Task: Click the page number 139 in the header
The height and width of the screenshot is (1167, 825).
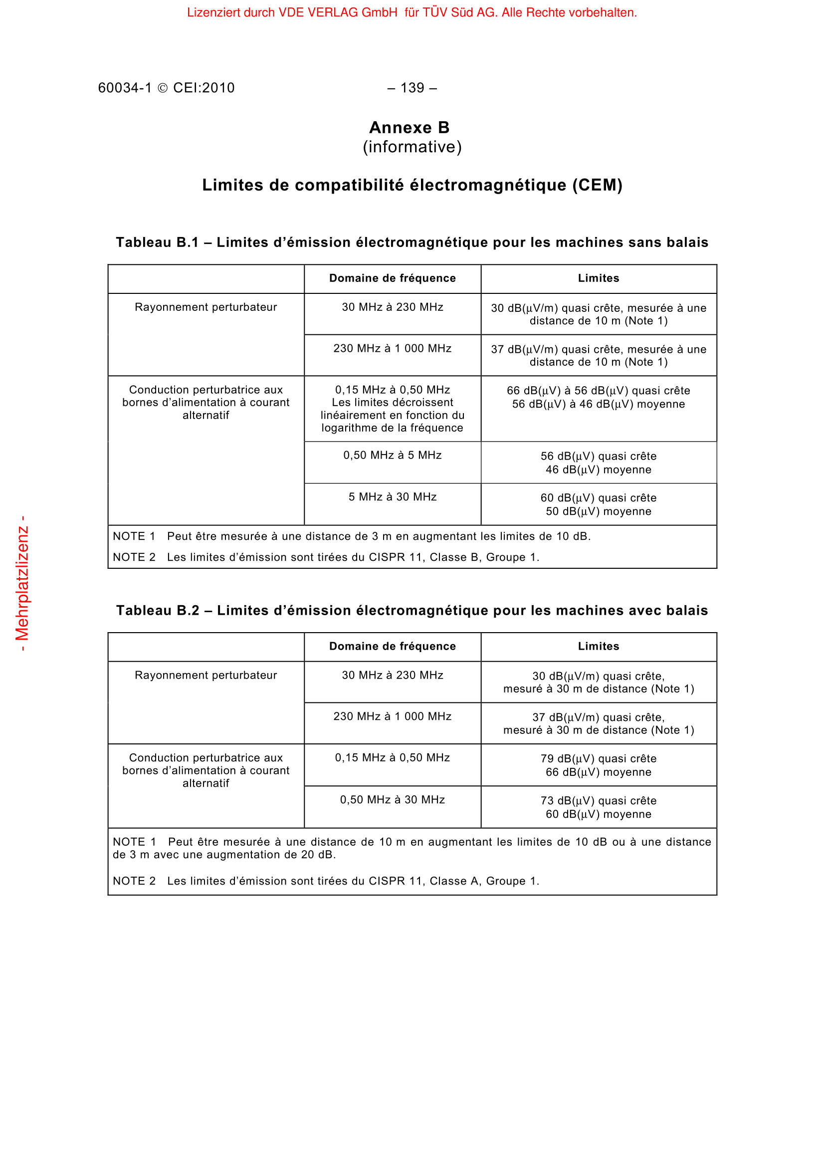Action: pos(412,88)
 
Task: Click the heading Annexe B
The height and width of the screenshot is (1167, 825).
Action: pos(410,128)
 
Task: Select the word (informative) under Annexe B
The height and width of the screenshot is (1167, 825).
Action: pos(412,147)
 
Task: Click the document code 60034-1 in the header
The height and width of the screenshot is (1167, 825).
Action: pos(125,88)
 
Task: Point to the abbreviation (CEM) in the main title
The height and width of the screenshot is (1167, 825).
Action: pos(598,185)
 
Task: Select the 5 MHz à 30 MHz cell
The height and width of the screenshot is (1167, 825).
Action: pos(392,496)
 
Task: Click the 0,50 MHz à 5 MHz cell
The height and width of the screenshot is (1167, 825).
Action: pos(392,455)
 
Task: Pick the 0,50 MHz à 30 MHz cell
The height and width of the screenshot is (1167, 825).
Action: pos(392,799)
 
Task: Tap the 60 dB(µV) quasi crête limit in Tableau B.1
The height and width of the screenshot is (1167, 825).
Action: pos(599,497)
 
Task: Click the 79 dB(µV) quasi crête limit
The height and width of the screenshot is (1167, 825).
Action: pos(599,758)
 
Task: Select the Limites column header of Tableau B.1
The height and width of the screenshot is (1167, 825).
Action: pos(599,278)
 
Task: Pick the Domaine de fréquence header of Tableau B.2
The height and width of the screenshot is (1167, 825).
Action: pos(392,646)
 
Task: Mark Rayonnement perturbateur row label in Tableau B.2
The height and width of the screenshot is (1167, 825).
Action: pos(206,675)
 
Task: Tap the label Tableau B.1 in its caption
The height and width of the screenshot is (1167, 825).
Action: pos(157,242)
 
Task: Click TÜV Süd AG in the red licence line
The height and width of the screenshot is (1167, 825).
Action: pos(462,12)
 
